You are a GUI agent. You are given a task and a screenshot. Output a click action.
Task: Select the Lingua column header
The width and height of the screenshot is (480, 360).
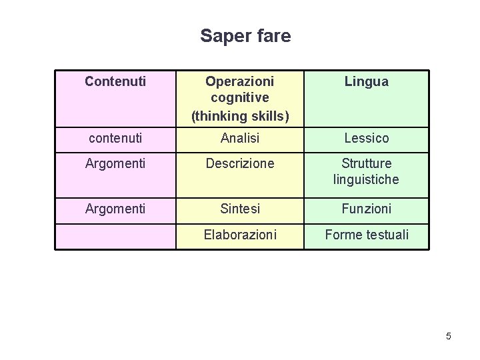[366, 82]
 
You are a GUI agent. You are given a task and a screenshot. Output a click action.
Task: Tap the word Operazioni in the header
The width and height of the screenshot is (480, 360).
[239, 81]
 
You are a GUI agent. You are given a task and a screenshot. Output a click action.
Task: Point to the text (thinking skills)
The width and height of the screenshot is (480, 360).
[240, 116]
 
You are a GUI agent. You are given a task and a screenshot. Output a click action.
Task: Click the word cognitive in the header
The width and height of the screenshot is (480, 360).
[240, 99]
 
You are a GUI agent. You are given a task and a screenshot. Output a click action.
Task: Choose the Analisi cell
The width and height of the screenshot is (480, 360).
[240, 138]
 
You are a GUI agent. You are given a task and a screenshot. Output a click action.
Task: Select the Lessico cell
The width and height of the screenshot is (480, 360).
[366, 138]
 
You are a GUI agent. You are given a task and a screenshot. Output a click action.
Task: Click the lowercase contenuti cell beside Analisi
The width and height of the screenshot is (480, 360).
[115, 138]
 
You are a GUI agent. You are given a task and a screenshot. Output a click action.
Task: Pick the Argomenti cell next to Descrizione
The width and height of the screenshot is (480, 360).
[115, 163]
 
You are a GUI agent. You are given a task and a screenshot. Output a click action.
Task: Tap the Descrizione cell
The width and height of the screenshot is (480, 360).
[240, 163]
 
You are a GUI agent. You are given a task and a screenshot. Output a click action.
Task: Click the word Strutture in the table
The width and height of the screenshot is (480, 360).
[366, 163]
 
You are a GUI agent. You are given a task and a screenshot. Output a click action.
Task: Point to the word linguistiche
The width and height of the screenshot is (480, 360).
[366, 180]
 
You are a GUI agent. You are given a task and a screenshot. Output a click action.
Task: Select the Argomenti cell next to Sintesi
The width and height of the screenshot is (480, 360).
[115, 209]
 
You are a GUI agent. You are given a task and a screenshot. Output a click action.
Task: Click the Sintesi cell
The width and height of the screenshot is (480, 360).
[240, 209]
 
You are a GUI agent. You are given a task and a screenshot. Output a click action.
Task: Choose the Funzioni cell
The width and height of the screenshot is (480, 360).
[366, 209]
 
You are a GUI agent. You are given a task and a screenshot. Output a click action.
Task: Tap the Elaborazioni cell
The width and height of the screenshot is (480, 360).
[240, 235]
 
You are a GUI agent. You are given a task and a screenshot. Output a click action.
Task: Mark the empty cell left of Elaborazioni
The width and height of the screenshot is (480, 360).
[115, 236]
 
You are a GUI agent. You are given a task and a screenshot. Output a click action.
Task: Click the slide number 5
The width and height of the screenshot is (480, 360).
[449, 336]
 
